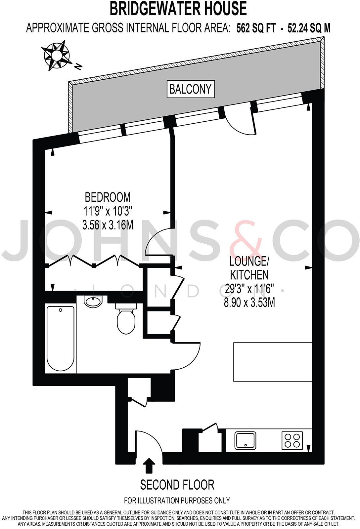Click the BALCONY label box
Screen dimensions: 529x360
pos(191,89)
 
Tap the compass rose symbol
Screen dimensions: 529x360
pos(56,55)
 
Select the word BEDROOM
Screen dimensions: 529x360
pos(108,197)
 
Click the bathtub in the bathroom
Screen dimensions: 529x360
pos(61,339)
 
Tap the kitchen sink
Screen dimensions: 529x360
pos(245,440)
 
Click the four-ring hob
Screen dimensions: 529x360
pos(292,440)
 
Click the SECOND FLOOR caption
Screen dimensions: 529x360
pos(177,485)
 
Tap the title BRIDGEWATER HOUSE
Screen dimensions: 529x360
pos(178,9)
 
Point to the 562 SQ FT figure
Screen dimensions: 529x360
pos(255,28)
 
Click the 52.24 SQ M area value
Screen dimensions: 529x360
pos(309,28)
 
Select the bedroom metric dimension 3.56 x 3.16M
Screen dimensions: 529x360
pos(108,225)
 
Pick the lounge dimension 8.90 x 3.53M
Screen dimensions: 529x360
pos(249,302)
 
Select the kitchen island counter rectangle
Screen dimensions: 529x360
pos(273,362)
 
